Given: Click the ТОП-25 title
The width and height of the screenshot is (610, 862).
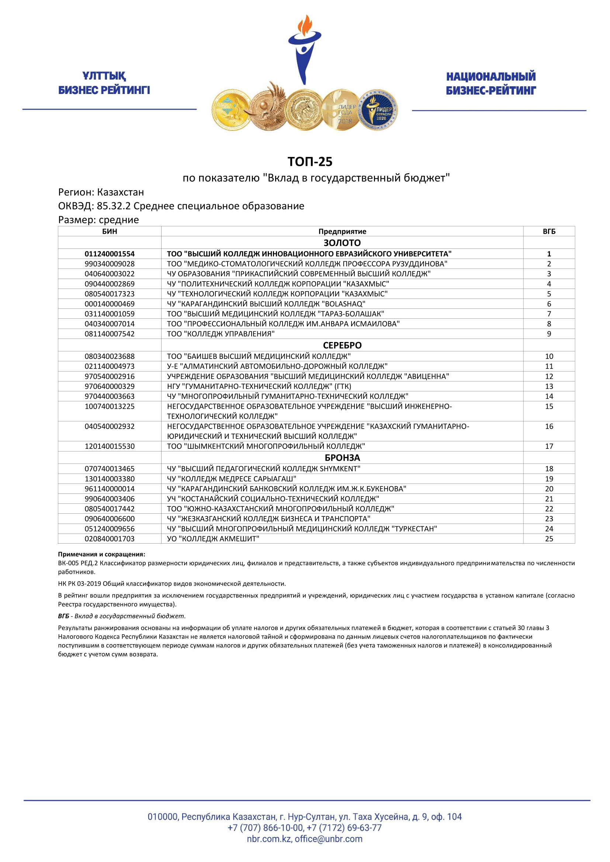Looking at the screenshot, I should tap(310, 162).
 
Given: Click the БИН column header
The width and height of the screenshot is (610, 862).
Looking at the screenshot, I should tap(110, 231).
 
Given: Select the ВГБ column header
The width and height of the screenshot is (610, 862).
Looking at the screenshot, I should tap(549, 231).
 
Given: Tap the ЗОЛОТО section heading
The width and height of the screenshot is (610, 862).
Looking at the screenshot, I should tap(342, 242).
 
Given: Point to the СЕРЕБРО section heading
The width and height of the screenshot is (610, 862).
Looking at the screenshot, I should tap(342, 345).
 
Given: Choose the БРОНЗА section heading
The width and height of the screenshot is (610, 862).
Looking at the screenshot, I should tap(342, 458).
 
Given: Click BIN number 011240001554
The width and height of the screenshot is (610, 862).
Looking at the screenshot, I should tap(110, 254).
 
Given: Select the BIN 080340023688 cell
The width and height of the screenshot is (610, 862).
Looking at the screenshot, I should tap(110, 356).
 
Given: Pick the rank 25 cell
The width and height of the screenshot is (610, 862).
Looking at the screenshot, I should tap(549, 539).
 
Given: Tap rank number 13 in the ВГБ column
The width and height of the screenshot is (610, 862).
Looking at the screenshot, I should tap(549, 386).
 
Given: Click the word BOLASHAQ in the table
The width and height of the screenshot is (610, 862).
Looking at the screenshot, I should tap(343, 304).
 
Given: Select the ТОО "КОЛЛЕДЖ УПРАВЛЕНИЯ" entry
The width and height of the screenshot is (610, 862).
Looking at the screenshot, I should tap(221, 334).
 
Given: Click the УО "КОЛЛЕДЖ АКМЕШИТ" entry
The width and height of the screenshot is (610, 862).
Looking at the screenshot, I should tap(213, 539).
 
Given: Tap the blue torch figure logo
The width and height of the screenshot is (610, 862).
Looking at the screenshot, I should tap(304, 49).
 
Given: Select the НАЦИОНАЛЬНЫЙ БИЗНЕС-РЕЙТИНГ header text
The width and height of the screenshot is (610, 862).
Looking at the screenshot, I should tap(491, 83).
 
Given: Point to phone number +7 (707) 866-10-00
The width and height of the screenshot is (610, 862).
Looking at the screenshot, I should tap(265, 827).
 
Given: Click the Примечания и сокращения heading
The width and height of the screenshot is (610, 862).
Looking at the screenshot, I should tap(101, 554).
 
